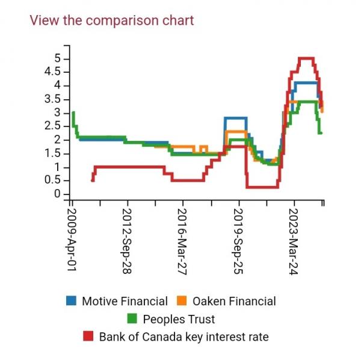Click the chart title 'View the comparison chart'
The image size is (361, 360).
click(x=112, y=20)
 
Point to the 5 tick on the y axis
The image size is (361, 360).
click(x=57, y=58)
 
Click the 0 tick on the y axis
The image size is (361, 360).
click(x=57, y=194)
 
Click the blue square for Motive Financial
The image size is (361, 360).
click(x=72, y=301)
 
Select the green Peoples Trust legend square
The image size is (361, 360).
click(x=134, y=318)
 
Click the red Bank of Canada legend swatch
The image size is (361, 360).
click(x=89, y=335)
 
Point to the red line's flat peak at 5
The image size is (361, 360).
click(x=306, y=58)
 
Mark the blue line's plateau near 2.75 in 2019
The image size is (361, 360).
click(x=235, y=119)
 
